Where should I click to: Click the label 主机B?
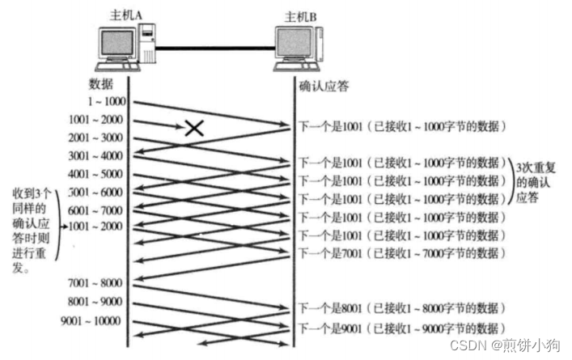point(301,15)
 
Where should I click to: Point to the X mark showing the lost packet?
point(193,127)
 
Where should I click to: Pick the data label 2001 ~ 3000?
point(96,138)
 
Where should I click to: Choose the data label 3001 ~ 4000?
point(96,156)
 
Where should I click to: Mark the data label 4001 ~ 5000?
point(96,174)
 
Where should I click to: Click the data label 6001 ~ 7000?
point(96,210)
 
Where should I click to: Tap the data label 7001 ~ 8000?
point(96,284)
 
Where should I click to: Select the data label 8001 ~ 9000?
point(96,303)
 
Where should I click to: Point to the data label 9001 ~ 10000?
point(94,321)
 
